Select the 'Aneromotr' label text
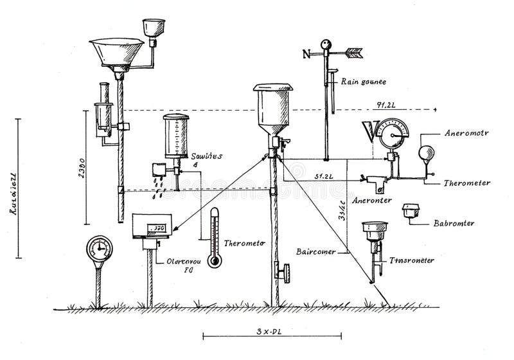(x=466, y=134)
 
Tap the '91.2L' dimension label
(x=386, y=103)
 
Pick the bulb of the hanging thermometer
(x=214, y=260)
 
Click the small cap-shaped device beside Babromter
(x=409, y=211)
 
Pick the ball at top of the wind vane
(x=326, y=44)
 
